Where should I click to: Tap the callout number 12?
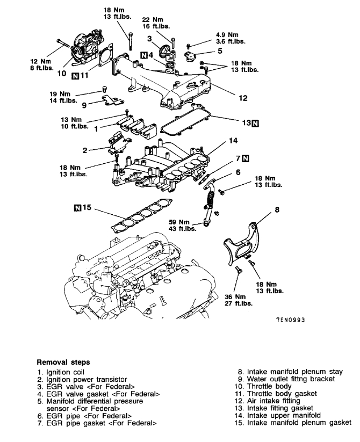click(x=243, y=98)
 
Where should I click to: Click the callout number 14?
click(x=232, y=141)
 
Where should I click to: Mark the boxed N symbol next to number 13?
click(x=254, y=123)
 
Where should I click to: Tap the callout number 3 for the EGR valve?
click(x=150, y=39)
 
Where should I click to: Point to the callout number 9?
click(x=84, y=105)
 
